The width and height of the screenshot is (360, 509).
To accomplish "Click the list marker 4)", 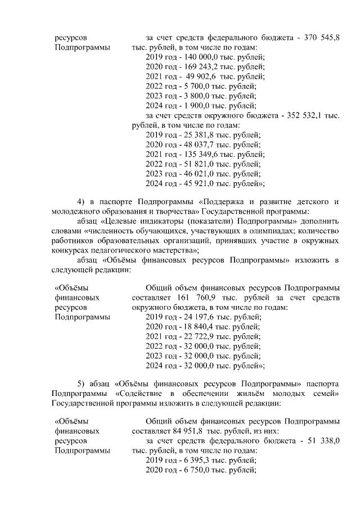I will [x=80, y=202].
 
